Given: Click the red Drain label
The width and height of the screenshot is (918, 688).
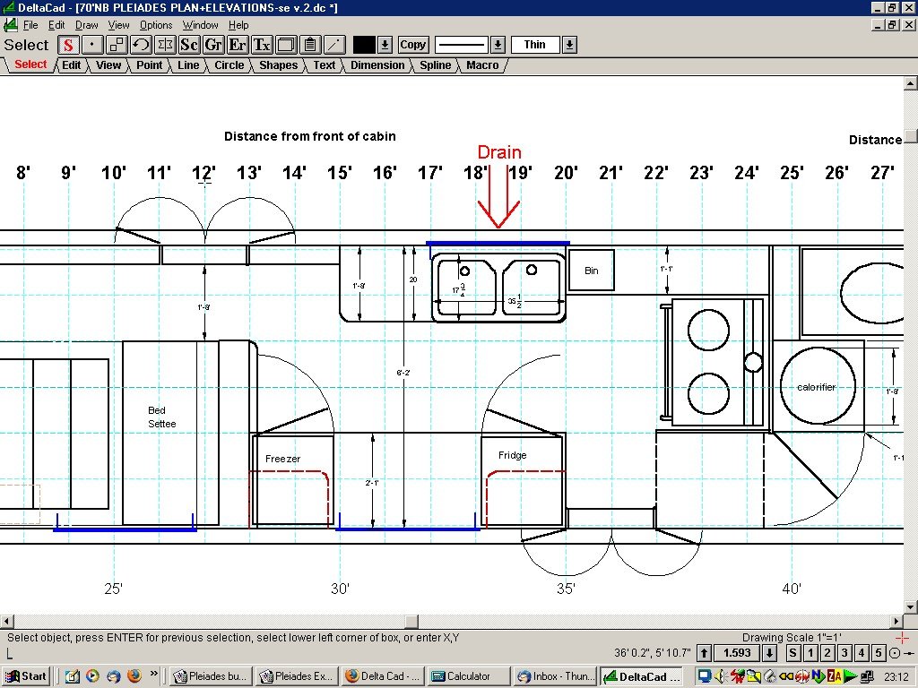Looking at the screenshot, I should [498, 152].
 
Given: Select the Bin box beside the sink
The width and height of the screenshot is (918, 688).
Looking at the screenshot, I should [591, 271].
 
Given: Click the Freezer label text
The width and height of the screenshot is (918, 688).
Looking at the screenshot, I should [282, 459].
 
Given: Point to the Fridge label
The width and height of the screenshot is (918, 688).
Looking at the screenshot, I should [512, 455].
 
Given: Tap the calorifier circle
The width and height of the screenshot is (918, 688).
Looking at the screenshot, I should [816, 387].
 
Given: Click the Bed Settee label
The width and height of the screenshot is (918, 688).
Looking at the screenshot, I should [162, 417].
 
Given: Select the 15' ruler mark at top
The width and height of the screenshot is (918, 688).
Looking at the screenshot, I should [339, 172].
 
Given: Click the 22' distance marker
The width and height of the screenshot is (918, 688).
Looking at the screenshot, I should [656, 172].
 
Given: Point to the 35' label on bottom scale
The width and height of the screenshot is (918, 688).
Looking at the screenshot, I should [566, 589].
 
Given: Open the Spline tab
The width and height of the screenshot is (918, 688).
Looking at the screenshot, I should [436, 65].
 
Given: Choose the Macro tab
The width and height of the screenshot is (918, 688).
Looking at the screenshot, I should [482, 65].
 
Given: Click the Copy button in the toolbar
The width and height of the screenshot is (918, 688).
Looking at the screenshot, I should [412, 45].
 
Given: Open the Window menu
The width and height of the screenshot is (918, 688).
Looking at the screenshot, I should [200, 25].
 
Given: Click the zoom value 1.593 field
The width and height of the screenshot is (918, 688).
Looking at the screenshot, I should [736, 653].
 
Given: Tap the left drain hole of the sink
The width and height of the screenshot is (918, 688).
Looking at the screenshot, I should [465, 270].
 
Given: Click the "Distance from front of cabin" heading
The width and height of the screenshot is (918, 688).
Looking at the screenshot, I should [309, 136].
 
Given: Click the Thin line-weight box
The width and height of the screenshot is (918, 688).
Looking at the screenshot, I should [535, 45].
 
